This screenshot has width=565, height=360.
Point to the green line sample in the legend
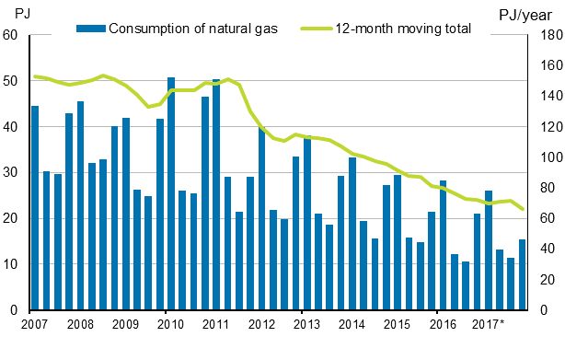[x=316, y=28]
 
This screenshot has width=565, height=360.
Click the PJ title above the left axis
[x=11, y=11]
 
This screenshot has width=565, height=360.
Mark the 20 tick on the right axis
[x=546, y=280]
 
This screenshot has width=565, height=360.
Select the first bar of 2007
[x=35, y=208]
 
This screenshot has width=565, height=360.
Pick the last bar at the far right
[x=523, y=274]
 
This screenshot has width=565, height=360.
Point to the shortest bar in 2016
[x=466, y=285]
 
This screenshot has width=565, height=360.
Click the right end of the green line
[x=523, y=209]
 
